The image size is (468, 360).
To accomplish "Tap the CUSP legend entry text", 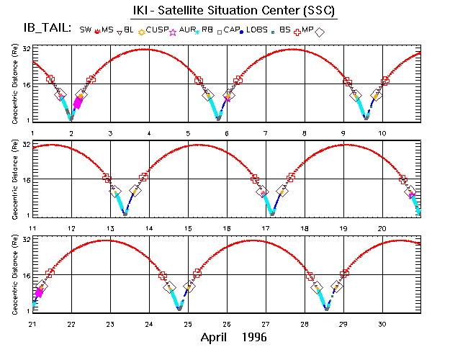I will tap(158, 30).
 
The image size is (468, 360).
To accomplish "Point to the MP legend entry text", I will tap(306, 30).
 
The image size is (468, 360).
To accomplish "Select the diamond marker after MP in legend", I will tap(320, 31).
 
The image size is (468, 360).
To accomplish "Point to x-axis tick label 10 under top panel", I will tap(383, 133).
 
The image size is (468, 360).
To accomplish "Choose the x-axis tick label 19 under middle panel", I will tap(344, 228).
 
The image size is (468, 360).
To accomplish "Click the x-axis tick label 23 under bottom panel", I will tap(110, 324).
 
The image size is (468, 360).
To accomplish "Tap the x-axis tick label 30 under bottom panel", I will tap(383, 324).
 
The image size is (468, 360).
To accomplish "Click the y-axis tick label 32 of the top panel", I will tap(26, 49).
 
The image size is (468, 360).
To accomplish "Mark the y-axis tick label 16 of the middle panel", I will tap(26, 179).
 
